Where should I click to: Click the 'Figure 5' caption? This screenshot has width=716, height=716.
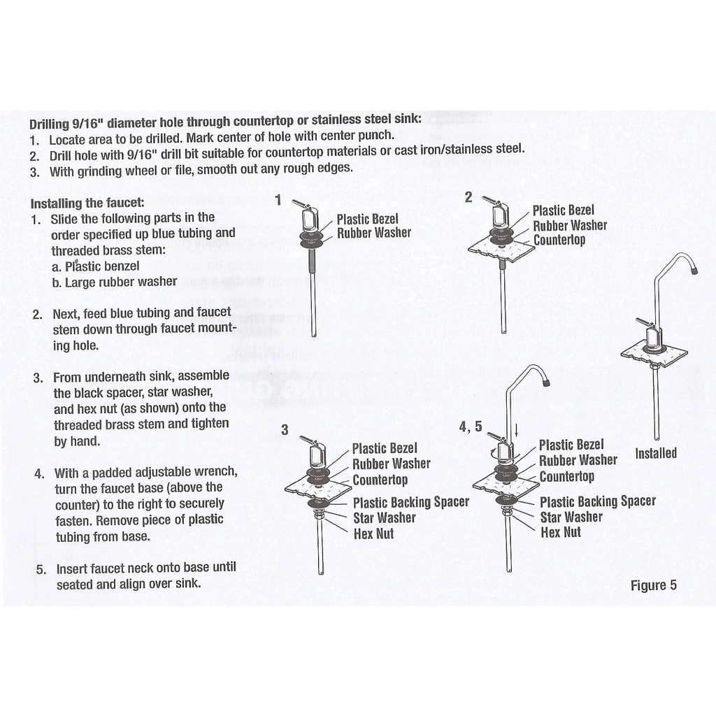pyautogui.click(x=653, y=585)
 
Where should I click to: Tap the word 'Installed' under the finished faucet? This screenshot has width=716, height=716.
pyautogui.click(x=655, y=453)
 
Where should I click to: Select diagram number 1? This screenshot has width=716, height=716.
pyautogui.click(x=278, y=201)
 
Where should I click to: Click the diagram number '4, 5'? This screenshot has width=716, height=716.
pyautogui.click(x=470, y=427)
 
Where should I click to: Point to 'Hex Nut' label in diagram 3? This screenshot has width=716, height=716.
pyautogui.click(x=373, y=534)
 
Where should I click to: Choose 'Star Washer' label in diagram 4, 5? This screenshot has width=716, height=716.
pyautogui.click(x=571, y=517)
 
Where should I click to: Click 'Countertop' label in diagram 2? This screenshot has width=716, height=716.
pyautogui.click(x=559, y=240)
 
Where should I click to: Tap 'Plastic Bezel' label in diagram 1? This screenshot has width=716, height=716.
pyautogui.click(x=367, y=219)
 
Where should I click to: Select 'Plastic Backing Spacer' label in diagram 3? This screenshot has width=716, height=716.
pyautogui.click(x=410, y=502)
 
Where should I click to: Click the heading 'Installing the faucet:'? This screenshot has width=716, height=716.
pyautogui.click(x=87, y=203)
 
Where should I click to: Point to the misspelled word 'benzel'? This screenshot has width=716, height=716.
pyautogui.click(x=122, y=266)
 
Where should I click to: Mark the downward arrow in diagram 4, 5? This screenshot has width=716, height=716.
pyautogui.click(x=516, y=427)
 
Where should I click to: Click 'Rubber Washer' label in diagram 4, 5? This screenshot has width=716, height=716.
pyautogui.click(x=578, y=460)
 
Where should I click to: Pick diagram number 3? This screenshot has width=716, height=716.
pyautogui.click(x=285, y=430)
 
